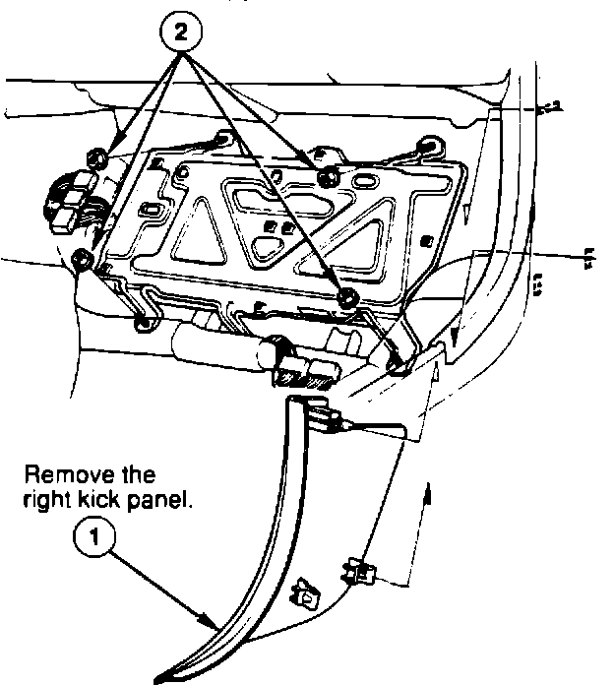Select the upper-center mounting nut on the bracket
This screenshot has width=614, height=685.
(328, 174)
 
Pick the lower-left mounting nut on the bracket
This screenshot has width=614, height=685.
(82, 260)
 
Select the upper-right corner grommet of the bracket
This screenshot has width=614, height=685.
(430, 145)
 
